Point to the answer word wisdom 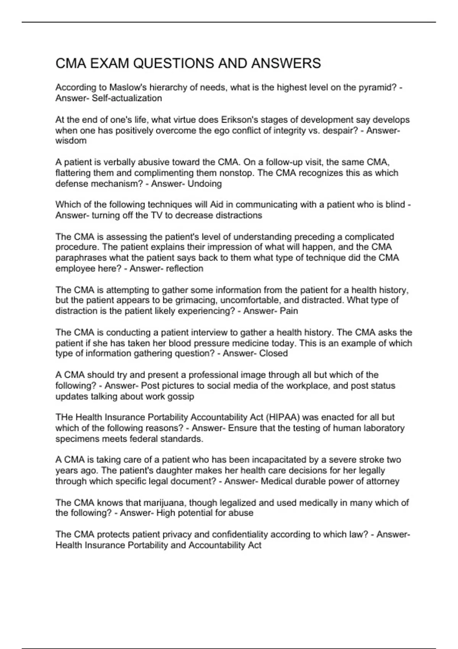71,140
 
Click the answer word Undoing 205,184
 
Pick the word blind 395,205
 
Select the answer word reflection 185,268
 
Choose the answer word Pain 289,311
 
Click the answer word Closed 273,353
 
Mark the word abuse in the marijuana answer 241,513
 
